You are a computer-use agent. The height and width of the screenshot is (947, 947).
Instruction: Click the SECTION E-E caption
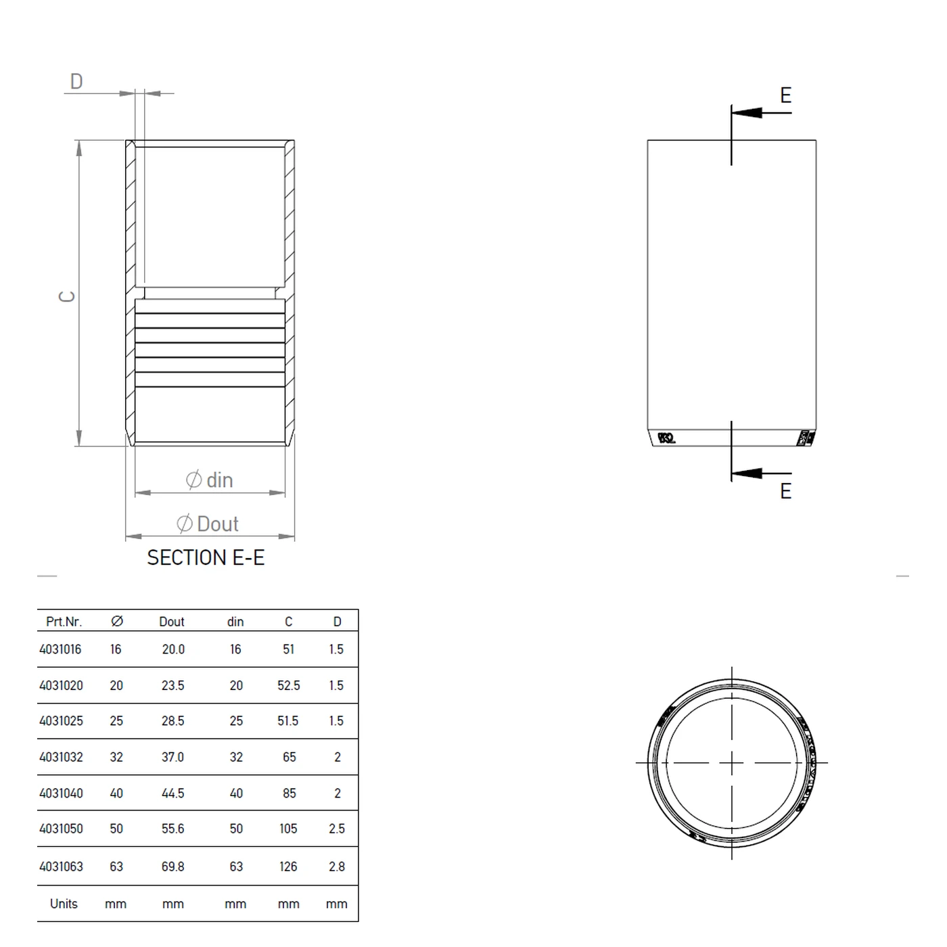click(x=206, y=558)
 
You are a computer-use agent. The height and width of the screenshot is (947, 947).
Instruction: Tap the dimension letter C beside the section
click(x=68, y=296)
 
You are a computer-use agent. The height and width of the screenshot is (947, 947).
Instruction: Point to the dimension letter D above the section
click(x=76, y=82)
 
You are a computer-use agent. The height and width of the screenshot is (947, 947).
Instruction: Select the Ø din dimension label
click(x=210, y=480)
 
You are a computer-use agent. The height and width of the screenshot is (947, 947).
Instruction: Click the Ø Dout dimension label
click(x=208, y=524)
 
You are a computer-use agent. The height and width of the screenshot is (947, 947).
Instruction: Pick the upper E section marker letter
click(x=785, y=95)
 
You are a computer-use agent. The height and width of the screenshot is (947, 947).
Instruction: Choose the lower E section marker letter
click(x=785, y=491)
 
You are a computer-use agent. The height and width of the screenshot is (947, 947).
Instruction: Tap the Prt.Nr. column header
click(x=64, y=622)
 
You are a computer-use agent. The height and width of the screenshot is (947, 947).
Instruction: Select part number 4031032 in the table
click(x=61, y=757)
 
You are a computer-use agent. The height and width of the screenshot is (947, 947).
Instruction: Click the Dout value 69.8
click(x=172, y=867)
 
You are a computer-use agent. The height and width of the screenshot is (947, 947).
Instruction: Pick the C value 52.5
click(x=288, y=685)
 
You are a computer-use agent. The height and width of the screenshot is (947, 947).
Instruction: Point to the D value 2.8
click(x=336, y=867)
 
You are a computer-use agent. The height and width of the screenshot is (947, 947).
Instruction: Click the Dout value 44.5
click(x=172, y=793)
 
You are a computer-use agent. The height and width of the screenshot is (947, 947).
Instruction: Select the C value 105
click(x=288, y=829)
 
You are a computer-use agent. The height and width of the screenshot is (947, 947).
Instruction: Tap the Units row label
click(x=64, y=904)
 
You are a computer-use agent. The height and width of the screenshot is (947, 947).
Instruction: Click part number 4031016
click(x=60, y=649)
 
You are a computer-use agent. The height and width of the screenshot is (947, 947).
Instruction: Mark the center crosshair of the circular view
click(x=731, y=763)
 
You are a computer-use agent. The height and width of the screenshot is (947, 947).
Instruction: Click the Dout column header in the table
click(x=172, y=622)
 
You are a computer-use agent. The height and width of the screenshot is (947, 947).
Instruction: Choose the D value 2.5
click(x=336, y=829)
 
